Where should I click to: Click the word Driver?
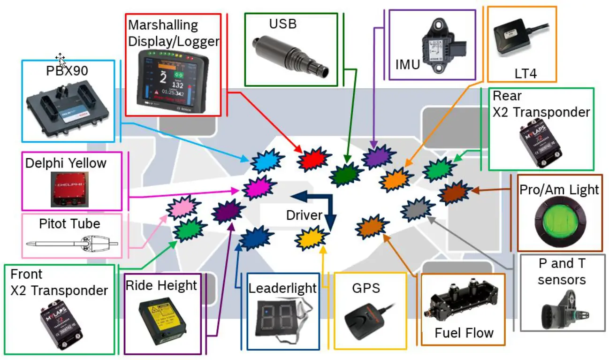tap(304, 215)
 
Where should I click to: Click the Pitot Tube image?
tap(73, 243)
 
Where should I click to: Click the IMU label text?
tap(407, 65)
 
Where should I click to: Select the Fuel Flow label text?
tap(464, 333)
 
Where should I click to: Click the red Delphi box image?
tap(70, 189)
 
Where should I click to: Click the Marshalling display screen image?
tap(173, 80)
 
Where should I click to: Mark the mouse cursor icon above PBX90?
tap(60, 59)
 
